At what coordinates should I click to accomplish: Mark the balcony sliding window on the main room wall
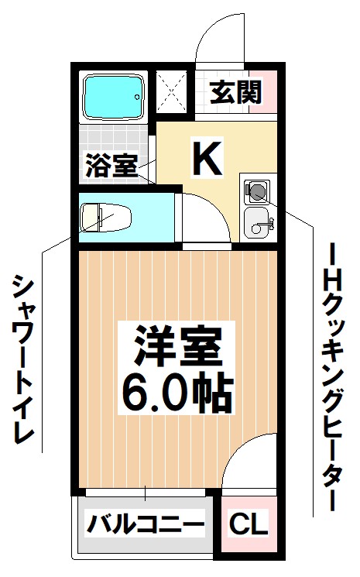147,492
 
